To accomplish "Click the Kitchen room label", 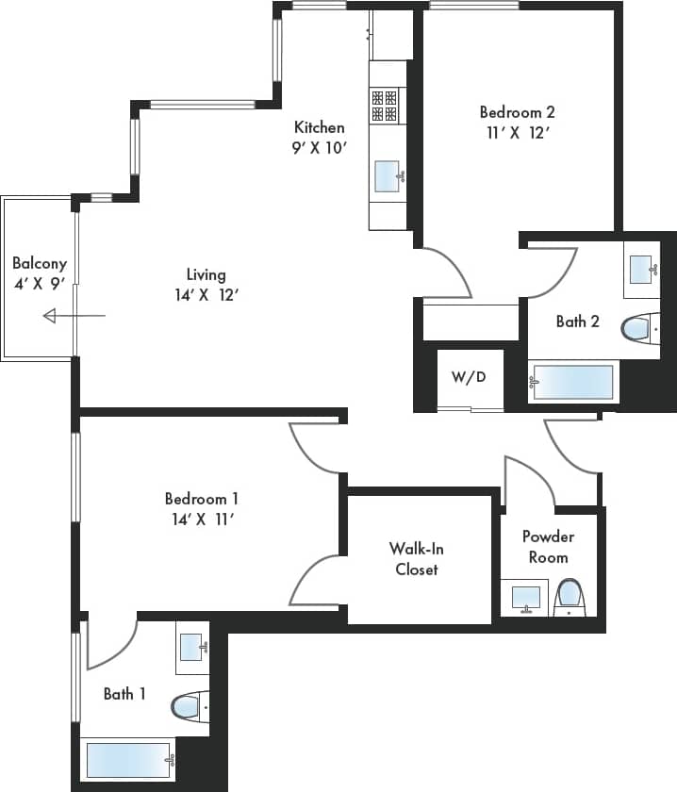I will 319,127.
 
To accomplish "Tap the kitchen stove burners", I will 384,105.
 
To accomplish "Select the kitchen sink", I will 388,175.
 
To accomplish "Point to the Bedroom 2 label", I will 514,112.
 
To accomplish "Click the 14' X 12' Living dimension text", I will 206,295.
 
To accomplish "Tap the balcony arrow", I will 74,316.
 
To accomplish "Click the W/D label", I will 469,377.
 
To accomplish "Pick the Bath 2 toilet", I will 640,328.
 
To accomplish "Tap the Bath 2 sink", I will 642,269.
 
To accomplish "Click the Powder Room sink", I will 525,598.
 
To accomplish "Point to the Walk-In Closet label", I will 416,558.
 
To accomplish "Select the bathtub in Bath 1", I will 128,759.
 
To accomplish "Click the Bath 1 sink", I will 192,647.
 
